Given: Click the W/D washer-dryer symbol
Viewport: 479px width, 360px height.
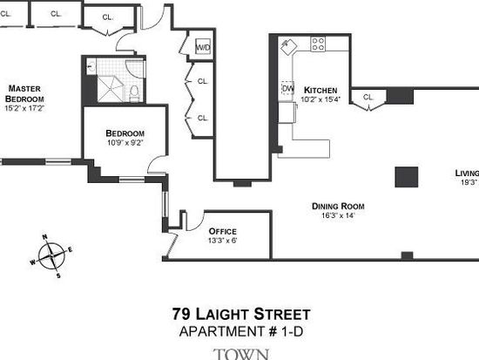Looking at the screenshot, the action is coord(203,47).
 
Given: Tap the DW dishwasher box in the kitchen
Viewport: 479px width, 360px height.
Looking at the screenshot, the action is coord(287,88).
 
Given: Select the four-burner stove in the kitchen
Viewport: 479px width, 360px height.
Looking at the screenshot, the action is coord(318,44).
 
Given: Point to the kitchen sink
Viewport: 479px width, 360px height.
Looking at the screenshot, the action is coord(287,47).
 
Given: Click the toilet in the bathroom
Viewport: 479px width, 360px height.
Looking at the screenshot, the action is coord(134,92).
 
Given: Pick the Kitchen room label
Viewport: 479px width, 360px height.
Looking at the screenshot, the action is coord(320,91).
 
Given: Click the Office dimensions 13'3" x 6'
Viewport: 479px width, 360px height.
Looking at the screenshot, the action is coord(222,241).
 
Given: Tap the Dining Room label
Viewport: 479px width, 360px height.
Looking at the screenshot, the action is coord(338,207).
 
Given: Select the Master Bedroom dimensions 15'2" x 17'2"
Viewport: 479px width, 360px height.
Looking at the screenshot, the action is coord(24,108).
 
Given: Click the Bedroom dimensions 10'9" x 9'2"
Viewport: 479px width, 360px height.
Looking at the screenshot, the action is coord(125,143).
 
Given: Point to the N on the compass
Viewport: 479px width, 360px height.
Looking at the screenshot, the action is coord(44,236).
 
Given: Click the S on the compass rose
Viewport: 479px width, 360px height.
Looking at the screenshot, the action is coord(58,276).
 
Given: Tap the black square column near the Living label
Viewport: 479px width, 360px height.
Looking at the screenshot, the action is coord(407,177).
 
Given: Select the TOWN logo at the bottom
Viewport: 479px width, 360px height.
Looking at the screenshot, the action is coord(241,354).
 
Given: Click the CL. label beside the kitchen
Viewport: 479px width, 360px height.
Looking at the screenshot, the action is coord(368,98).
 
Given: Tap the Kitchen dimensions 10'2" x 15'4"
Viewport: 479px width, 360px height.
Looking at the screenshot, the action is coord(320,99).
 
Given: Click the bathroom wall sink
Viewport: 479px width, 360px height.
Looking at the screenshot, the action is coord(91,66).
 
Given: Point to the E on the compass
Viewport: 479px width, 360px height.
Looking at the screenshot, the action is coord(71,250).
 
